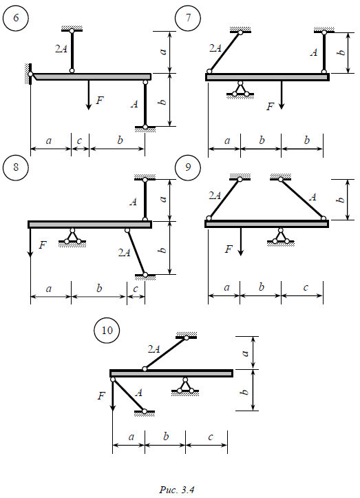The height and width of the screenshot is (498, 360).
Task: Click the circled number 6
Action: (x=16, y=18)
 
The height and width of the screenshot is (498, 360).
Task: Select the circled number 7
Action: (x=188, y=18)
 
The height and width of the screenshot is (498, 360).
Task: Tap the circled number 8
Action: (x=16, y=167)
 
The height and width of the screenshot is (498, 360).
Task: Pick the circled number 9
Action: (x=188, y=167)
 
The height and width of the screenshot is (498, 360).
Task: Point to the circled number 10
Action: (x=107, y=331)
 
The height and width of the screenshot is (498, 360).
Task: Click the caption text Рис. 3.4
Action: (x=176, y=490)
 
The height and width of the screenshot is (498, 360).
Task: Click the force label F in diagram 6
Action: (x=100, y=101)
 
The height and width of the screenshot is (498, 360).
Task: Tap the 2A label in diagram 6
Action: (x=61, y=49)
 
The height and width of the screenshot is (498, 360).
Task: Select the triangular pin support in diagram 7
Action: (x=240, y=90)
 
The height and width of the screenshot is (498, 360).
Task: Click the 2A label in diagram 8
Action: (x=124, y=253)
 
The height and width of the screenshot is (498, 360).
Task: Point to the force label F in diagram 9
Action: (x=229, y=249)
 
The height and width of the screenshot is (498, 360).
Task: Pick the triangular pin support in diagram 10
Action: (x=185, y=387)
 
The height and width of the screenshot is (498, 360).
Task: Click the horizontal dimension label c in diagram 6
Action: (x=79, y=141)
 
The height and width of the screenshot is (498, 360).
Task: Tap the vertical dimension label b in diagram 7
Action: (x=341, y=52)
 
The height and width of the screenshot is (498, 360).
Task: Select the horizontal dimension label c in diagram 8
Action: (x=136, y=289)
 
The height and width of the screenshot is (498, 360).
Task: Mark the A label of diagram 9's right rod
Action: (x=313, y=197)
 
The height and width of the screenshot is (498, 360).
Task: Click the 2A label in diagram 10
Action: (x=153, y=349)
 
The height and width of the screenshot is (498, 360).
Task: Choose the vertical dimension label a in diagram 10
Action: (x=244, y=353)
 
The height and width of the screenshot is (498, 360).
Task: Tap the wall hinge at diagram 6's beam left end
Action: (x=30, y=74)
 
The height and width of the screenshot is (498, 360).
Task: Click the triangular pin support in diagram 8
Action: (x=72, y=237)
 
